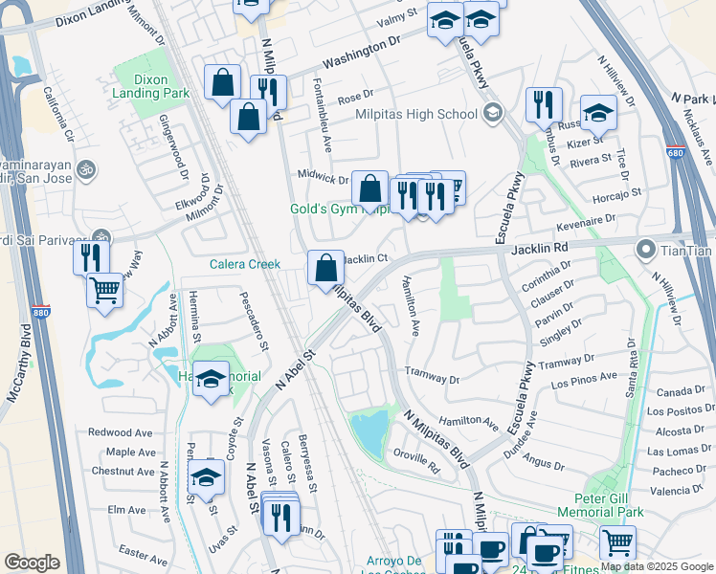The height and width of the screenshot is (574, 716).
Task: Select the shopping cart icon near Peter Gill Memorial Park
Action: [617, 542]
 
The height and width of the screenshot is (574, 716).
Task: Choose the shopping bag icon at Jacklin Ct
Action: [325, 268]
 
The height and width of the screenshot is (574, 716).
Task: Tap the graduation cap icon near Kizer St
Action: [598, 113]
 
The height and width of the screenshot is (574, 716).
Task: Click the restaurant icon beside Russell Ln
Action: [544, 103]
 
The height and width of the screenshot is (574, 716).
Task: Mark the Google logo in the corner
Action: [32, 562]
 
